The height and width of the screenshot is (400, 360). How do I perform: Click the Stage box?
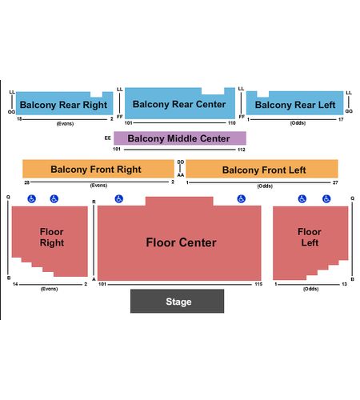177,301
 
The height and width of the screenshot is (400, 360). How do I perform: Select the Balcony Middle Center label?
178,138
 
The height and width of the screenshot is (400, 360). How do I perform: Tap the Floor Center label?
181,242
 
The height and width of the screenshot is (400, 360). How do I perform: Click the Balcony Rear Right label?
63,105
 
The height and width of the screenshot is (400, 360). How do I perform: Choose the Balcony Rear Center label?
179,104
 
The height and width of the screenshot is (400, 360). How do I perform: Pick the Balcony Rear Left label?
295,105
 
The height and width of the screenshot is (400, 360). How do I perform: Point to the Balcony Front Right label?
96,170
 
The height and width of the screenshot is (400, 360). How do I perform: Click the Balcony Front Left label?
264,170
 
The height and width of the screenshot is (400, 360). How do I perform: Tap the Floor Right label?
52,237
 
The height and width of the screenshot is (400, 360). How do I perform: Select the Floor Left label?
310,237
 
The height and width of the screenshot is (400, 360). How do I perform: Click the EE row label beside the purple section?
107,138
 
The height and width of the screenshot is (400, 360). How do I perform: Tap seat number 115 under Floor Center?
258,284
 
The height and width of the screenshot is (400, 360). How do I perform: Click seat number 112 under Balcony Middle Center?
242,150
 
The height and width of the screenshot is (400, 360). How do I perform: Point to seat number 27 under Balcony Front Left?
335,182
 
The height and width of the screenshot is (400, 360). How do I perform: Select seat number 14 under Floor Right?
15,284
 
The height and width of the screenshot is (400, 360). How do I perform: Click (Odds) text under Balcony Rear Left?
298,123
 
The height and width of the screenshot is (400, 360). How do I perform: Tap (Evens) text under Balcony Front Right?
98,186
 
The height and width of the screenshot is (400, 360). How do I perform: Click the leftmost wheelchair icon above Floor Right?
32,198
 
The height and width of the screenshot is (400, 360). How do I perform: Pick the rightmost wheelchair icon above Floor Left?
326,198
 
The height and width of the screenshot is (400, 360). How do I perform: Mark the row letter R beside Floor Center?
94,202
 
